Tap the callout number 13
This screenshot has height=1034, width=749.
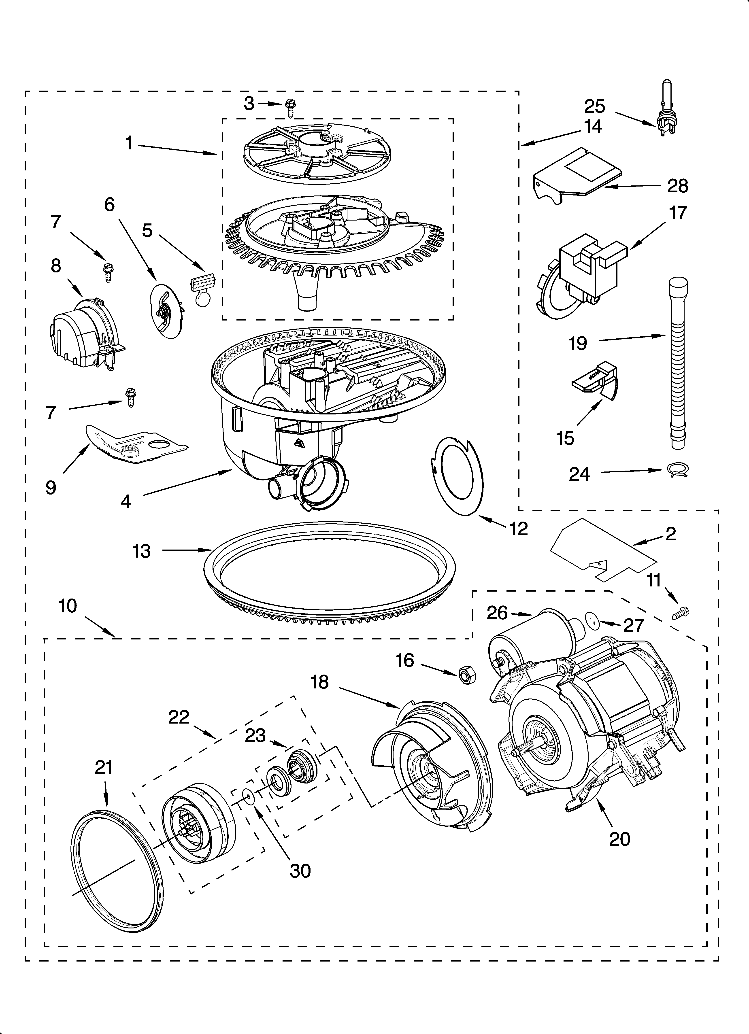141,551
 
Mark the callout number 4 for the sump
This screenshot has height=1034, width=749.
126,501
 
